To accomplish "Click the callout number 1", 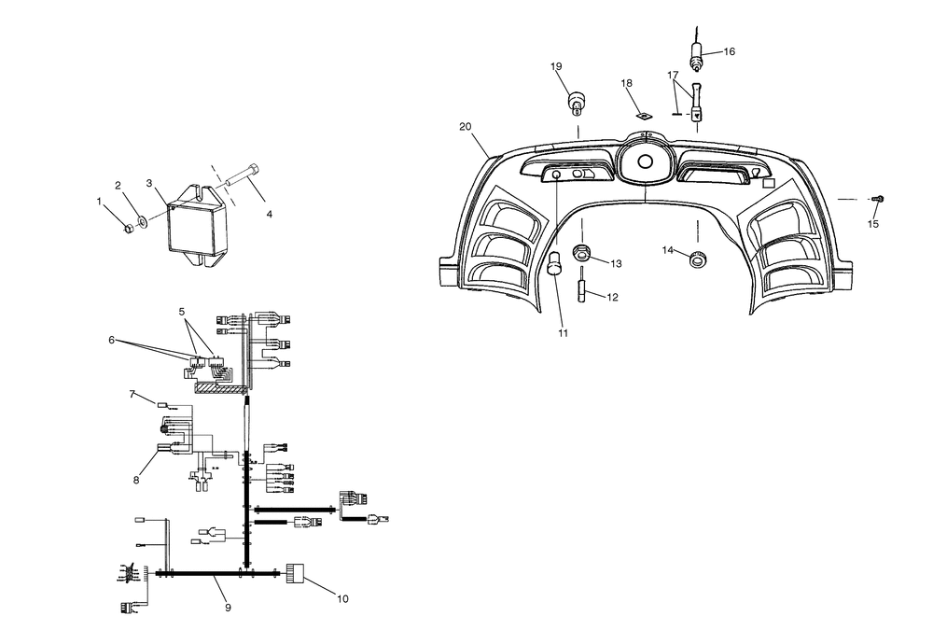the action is (x=100, y=202).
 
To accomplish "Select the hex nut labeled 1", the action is (x=128, y=228).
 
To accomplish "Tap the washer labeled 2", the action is (x=143, y=222).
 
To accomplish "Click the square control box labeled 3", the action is (x=196, y=226).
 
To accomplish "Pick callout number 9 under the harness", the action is (x=228, y=607).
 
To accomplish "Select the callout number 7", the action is (x=132, y=394).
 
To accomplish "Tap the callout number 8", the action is (x=136, y=480).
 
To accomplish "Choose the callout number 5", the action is (x=182, y=311).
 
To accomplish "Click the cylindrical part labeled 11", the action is (x=555, y=263).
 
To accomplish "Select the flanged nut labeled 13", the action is (x=580, y=252).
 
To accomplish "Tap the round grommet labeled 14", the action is (x=697, y=259).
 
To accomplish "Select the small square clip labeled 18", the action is (x=642, y=116).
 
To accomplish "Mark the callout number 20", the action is (x=466, y=127).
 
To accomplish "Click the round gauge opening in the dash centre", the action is (x=645, y=161).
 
